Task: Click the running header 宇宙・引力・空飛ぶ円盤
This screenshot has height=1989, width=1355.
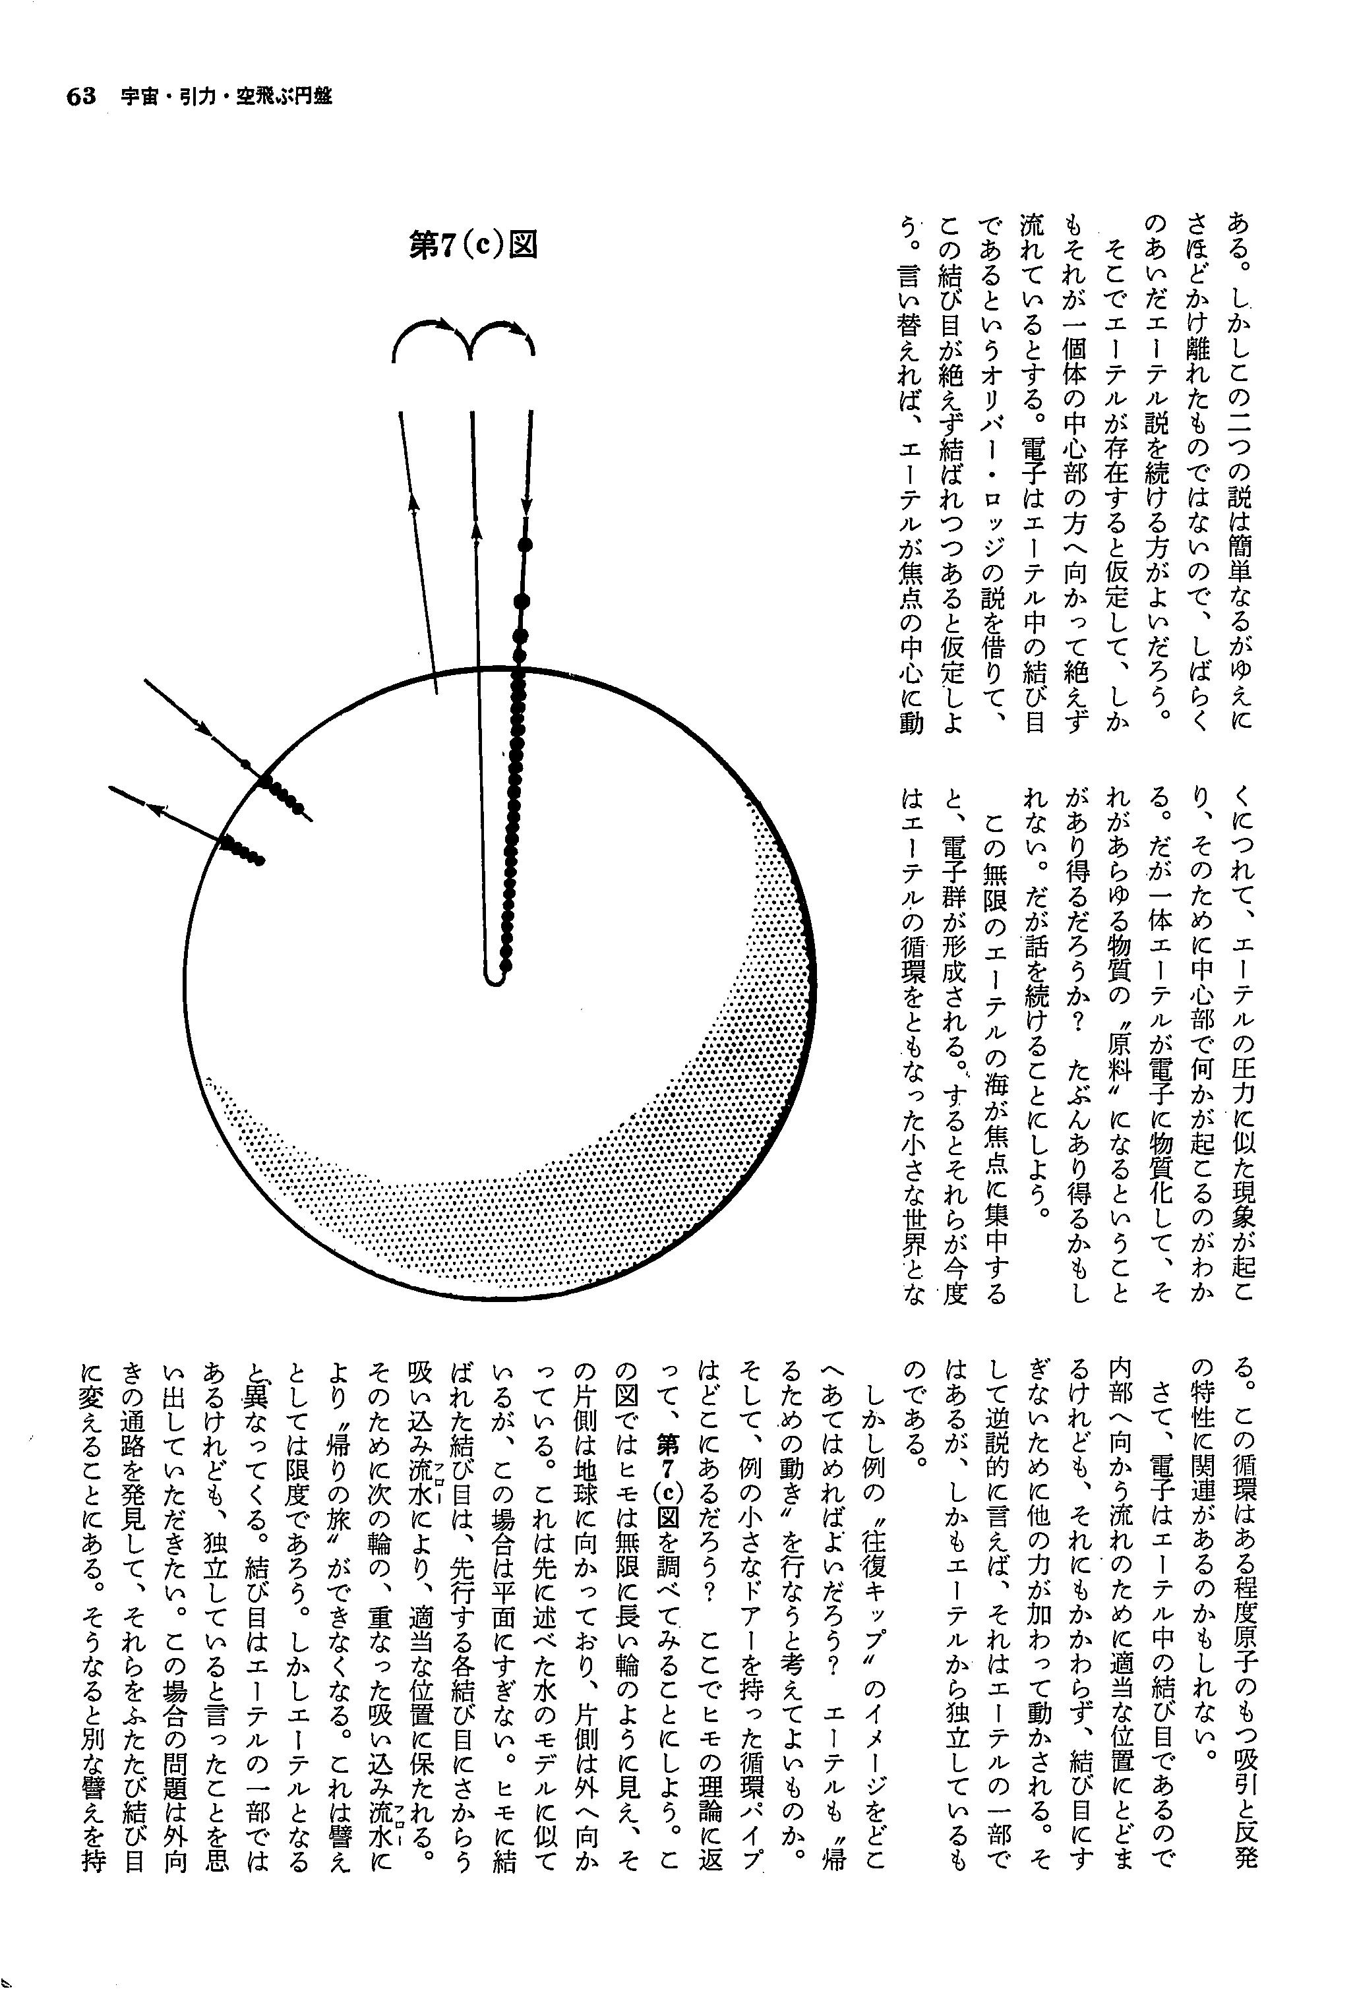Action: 226,97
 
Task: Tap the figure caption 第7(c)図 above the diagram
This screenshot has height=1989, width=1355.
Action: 473,246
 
